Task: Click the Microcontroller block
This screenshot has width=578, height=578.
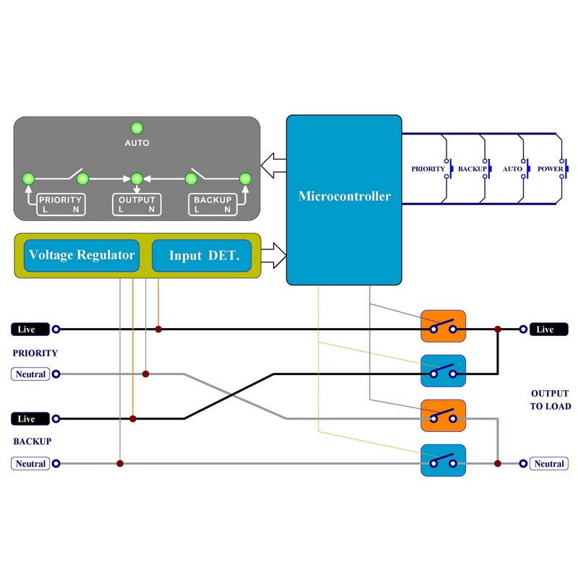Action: (x=344, y=197)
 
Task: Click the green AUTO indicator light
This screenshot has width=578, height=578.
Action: (x=136, y=127)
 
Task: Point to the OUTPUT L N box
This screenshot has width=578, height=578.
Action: (x=137, y=204)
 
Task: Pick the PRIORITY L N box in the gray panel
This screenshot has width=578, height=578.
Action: (x=61, y=204)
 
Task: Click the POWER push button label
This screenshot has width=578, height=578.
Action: (x=551, y=169)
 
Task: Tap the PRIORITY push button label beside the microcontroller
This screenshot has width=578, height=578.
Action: (x=428, y=169)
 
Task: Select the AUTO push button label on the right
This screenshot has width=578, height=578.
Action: (x=512, y=169)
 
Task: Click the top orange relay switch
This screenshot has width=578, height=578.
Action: (x=444, y=327)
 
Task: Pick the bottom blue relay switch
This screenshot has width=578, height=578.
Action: (x=444, y=460)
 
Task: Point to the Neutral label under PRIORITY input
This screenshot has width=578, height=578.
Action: (x=30, y=374)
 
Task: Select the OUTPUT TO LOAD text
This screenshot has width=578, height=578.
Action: (x=551, y=400)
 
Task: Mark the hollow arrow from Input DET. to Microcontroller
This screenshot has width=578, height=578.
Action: (x=274, y=254)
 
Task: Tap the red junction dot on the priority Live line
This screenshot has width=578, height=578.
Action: (x=158, y=329)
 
